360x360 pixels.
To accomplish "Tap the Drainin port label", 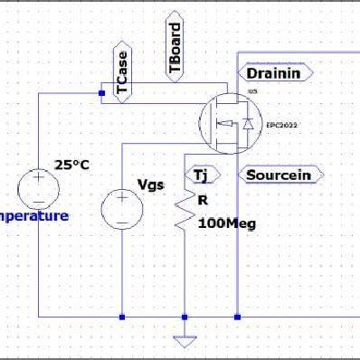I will pyautogui.click(x=276, y=71).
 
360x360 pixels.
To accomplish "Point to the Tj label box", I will pyautogui.click(x=197, y=174).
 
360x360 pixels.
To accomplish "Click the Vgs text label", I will pyautogui.click(x=149, y=185).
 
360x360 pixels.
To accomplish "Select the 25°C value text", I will pyautogui.click(x=71, y=165).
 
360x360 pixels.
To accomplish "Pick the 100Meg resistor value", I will pyautogui.click(x=222, y=223).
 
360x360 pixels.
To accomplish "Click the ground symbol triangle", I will pyautogui.click(x=185, y=340).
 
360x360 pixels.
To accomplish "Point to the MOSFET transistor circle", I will pyautogui.click(x=223, y=122).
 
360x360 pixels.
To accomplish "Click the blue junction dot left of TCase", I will pyautogui.click(x=101, y=92).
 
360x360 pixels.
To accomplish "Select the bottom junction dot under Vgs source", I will pyautogui.click(x=121, y=317).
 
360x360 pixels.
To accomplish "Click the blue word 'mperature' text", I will pyautogui.click(x=33, y=216).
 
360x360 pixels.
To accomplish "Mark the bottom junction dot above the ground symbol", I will pyautogui.click(x=185, y=317).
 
